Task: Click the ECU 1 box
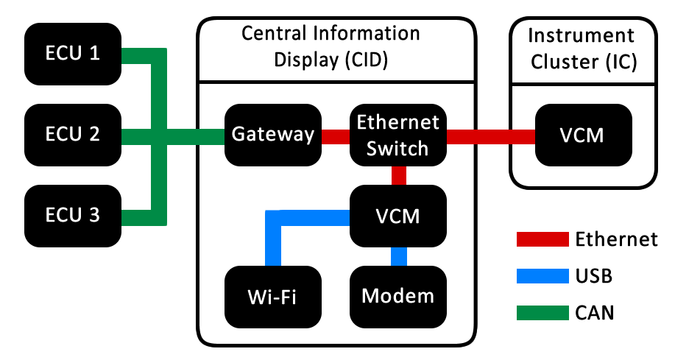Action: tap(73, 54)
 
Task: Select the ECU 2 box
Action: tap(73, 135)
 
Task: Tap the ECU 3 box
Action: tap(73, 216)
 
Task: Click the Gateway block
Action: tap(272, 135)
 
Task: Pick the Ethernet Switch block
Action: tap(398, 135)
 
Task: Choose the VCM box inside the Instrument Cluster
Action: tap(583, 135)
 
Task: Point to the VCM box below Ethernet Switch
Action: tap(398, 216)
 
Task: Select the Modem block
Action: tap(398, 297)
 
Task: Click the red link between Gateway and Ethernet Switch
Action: tap(335, 135)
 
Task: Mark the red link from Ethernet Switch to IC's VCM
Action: tap(491, 135)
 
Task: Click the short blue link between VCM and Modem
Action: tap(398, 256)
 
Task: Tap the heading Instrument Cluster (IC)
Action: tap(582, 48)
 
